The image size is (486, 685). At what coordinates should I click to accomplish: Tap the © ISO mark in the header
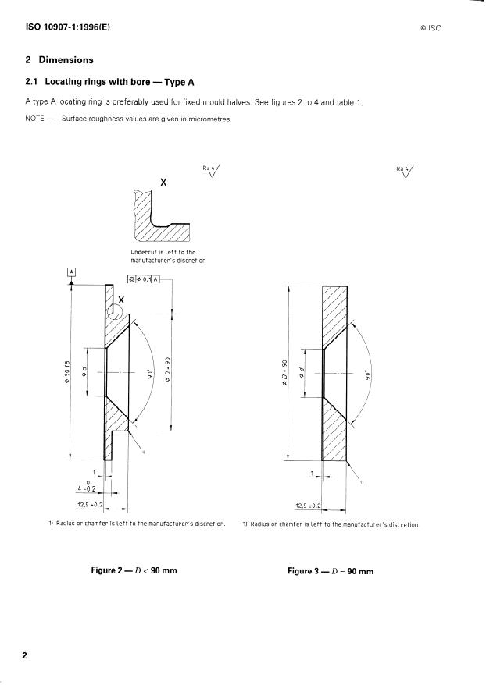(431, 28)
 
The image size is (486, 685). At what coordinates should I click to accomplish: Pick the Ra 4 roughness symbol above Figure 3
(405, 170)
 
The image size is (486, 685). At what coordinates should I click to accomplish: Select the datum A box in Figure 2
(71, 272)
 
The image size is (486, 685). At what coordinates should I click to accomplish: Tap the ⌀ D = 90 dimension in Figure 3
(289, 373)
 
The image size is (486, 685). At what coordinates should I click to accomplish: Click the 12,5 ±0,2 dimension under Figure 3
(307, 506)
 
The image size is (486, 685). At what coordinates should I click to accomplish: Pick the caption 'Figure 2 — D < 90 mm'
(134, 571)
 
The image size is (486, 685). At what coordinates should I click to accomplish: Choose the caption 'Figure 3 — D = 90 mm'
(331, 571)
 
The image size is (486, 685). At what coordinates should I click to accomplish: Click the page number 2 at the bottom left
(24, 655)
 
